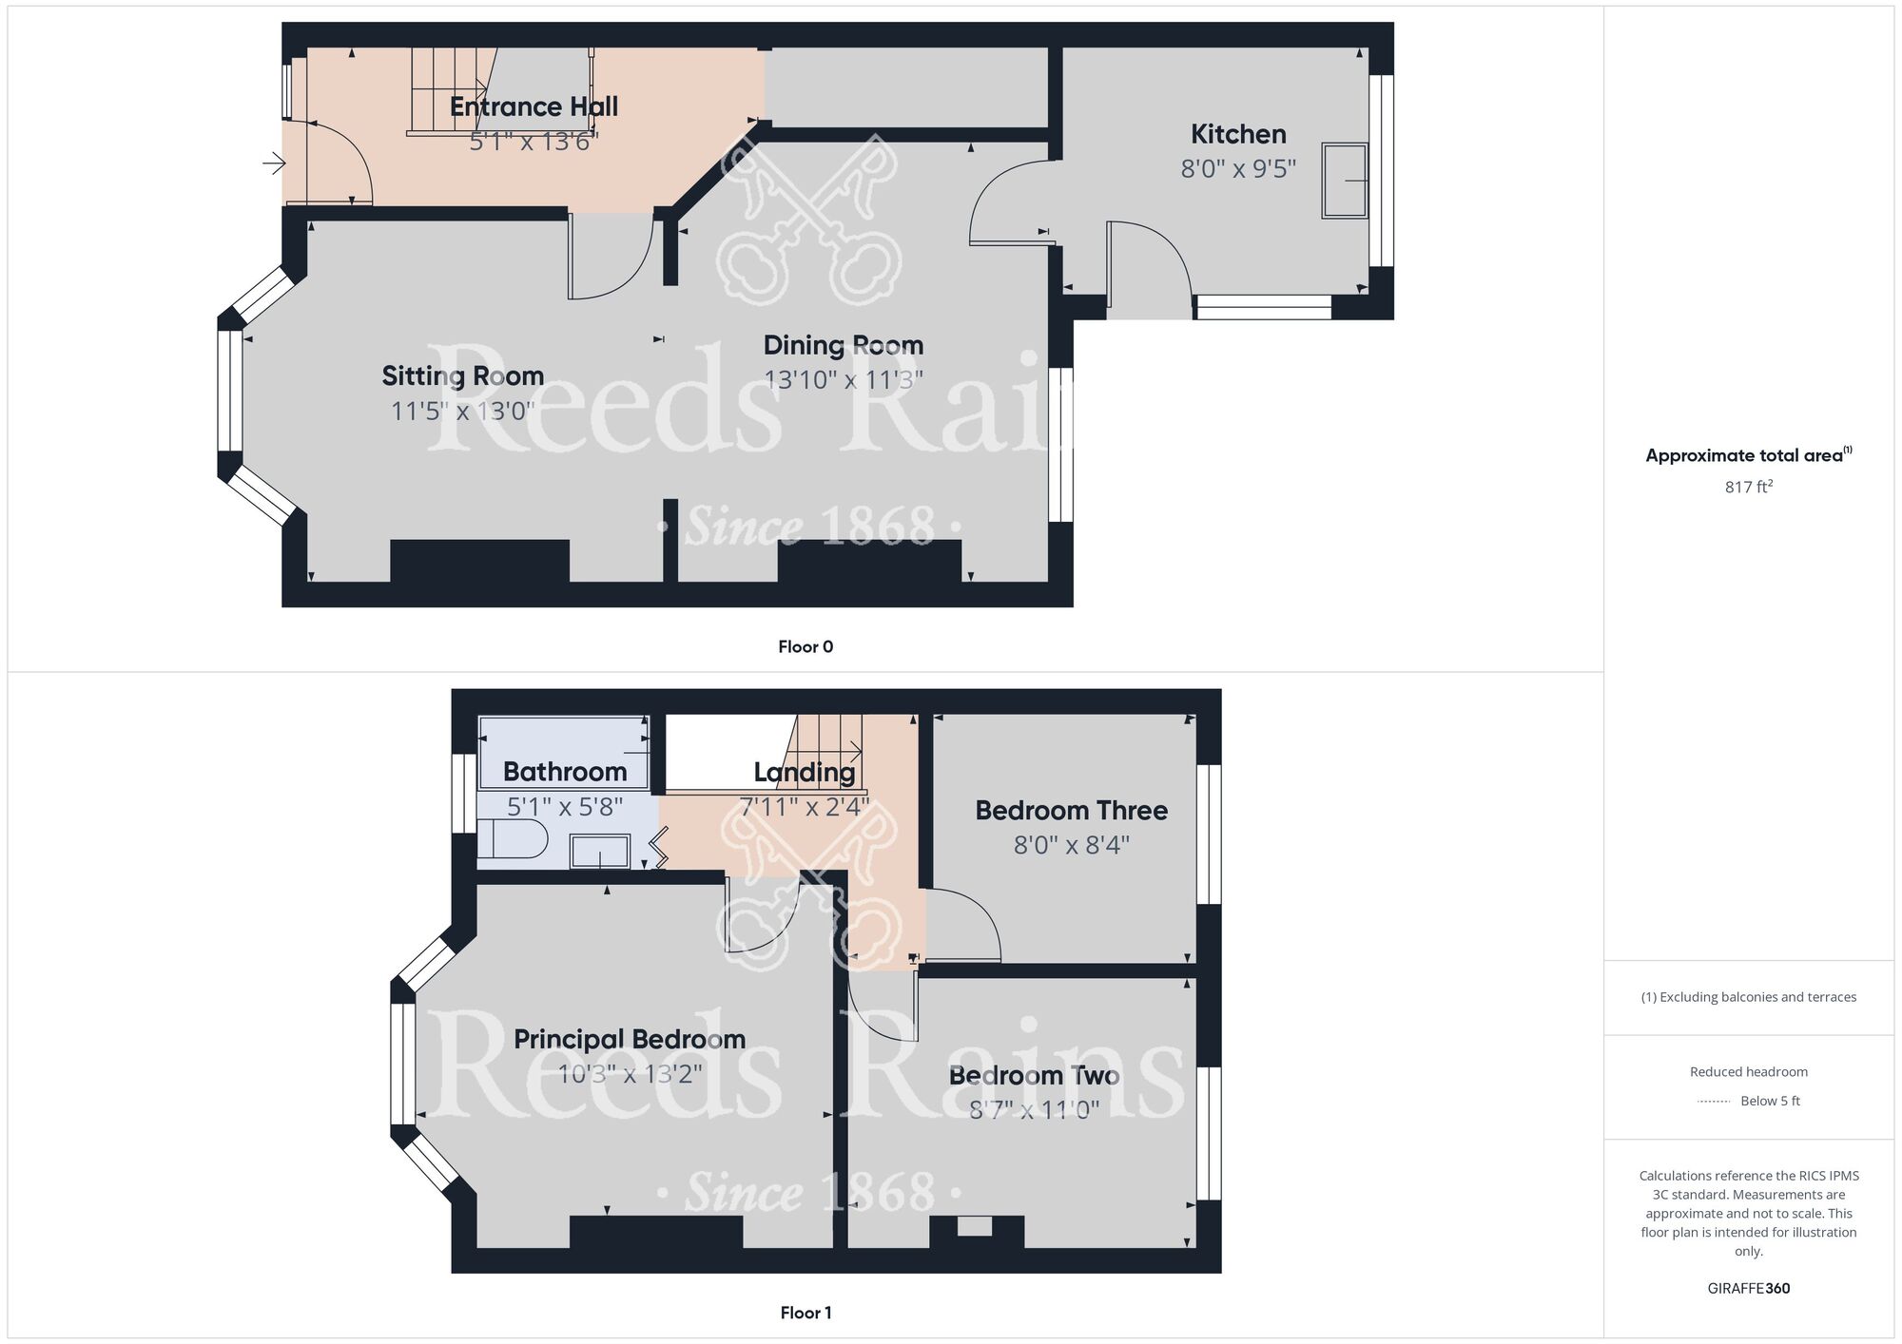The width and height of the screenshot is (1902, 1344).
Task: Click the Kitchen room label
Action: coord(1238,134)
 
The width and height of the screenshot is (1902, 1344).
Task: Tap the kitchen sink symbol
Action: coord(1344,181)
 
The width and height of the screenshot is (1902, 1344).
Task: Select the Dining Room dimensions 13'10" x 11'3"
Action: coord(844,380)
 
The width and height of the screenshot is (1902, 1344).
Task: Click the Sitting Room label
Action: coord(463,376)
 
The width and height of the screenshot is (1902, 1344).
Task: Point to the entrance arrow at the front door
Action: coord(274,163)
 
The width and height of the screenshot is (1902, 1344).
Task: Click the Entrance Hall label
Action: coord(534,106)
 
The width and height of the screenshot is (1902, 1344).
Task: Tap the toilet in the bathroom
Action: coord(514,840)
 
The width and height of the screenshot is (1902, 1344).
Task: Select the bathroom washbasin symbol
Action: coord(599,852)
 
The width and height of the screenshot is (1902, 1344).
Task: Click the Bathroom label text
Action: coord(565,772)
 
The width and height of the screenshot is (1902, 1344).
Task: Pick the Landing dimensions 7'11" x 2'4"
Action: coord(805,807)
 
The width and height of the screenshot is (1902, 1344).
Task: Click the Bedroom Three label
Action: coord(1071,811)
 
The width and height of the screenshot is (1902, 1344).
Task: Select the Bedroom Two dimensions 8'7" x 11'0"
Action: coord(1034,1110)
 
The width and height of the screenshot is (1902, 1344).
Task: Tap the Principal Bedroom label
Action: coord(630,1039)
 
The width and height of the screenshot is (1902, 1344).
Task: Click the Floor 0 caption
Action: coord(805,647)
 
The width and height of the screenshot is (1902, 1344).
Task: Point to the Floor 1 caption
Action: coord(805,1313)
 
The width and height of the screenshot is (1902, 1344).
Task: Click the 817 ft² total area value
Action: coord(1748,488)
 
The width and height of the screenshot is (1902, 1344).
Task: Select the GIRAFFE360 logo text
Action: coord(1748,1289)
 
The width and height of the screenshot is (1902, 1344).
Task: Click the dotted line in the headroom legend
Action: coord(1714,1102)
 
